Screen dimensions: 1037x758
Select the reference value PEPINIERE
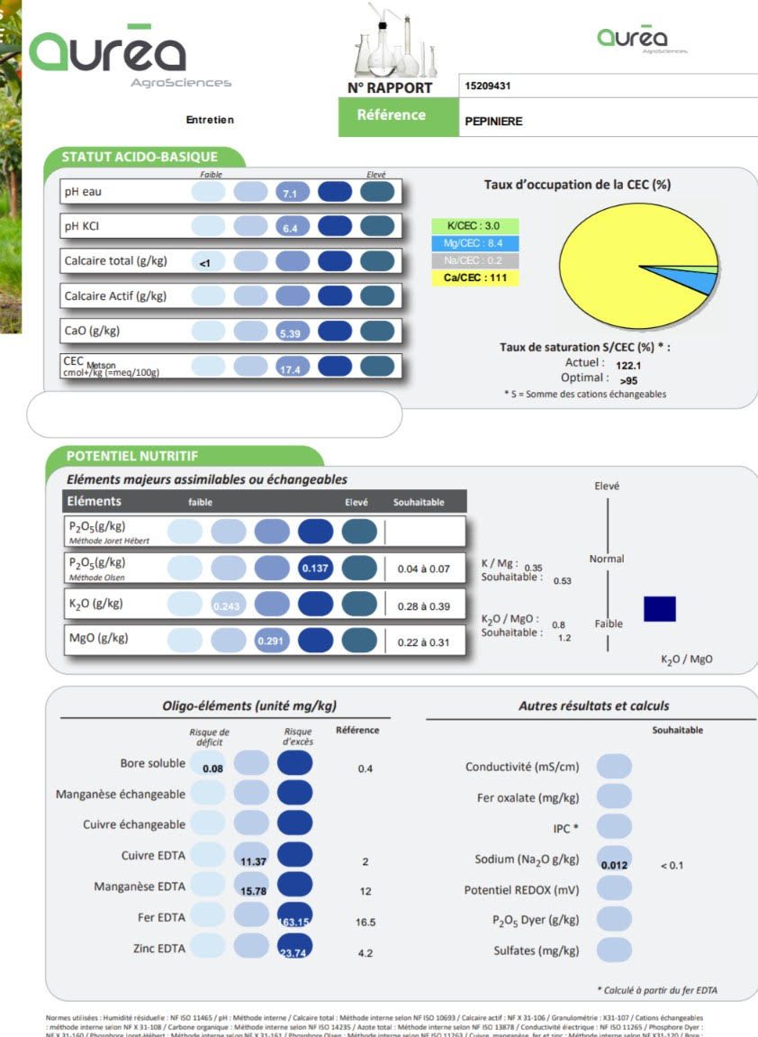[x=493, y=122]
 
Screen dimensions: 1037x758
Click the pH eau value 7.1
[x=291, y=194]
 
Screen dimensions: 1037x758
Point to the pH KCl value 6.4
[x=291, y=229]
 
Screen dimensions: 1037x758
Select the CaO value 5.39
[x=290, y=333]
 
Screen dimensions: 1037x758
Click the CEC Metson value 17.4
[x=290, y=369]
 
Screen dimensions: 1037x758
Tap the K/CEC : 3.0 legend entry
[x=474, y=226]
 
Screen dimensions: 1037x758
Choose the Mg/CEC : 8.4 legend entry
[x=474, y=243]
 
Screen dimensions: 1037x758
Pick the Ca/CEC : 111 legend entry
[x=474, y=278]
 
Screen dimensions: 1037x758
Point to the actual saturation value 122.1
[x=629, y=366]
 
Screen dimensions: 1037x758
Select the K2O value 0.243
[x=228, y=605]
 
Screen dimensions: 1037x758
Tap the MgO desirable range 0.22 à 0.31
[x=424, y=641]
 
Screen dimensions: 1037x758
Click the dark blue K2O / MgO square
[x=659, y=609]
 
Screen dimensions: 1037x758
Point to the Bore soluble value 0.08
[x=212, y=769]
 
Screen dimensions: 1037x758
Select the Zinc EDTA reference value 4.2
[x=365, y=953]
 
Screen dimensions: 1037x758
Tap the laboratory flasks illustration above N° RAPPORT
[x=391, y=42]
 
